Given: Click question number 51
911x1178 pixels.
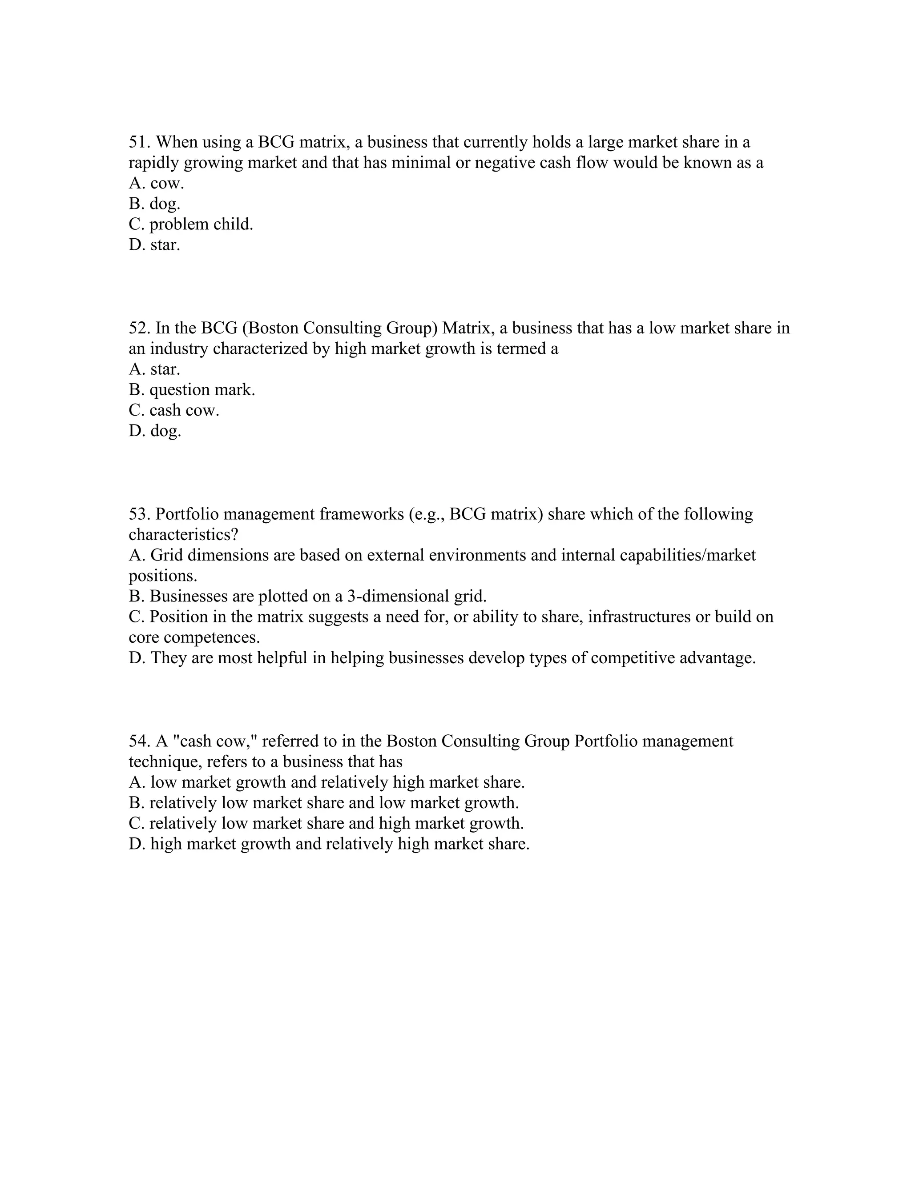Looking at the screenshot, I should click(x=140, y=142).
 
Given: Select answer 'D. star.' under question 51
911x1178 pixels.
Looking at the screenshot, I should click(x=154, y=245).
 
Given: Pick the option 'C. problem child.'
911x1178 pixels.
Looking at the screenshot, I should click(x=190, y=224).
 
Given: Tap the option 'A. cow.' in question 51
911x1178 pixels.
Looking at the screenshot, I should click(x=157, y=184).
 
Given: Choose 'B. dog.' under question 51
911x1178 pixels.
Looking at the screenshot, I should click(x=154, y=204).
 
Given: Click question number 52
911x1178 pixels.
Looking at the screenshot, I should click(x=140, y=328).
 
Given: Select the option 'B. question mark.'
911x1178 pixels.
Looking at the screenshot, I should click(x=192, y=389).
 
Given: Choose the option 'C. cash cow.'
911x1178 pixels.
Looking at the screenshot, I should click(x=174, y=410).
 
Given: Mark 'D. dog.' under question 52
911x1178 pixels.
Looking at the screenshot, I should click(x=155, y=431).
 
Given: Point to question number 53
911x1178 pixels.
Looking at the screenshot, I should click(x=140, y=514).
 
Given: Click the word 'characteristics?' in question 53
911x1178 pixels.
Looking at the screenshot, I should click(x=184, y=534).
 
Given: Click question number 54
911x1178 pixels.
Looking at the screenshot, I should click(x=140, y=741).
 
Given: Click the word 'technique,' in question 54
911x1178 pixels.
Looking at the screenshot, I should click(x=165, y=761).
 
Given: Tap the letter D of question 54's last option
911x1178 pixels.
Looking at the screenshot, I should click(x=135, y=844).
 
